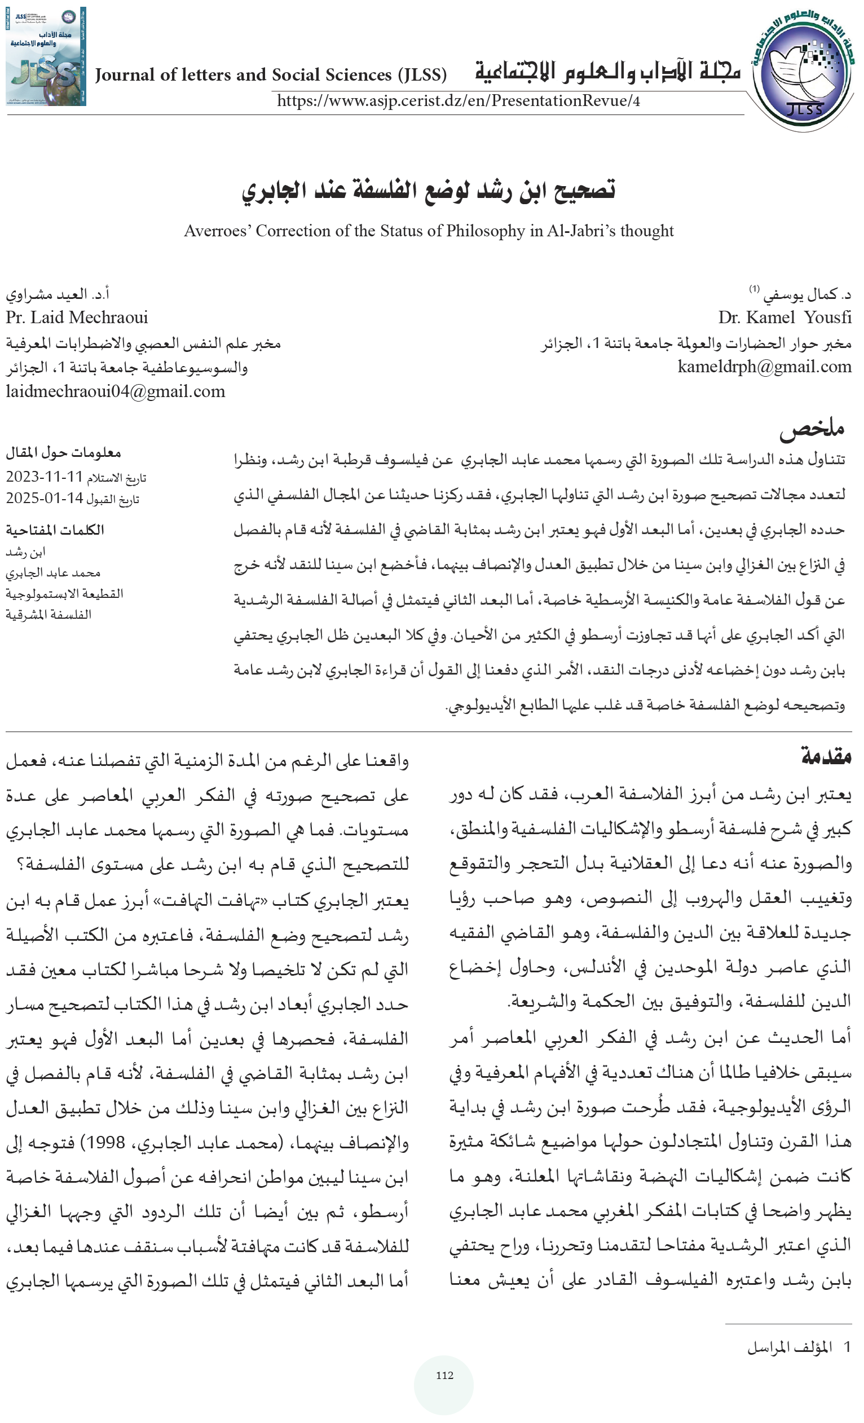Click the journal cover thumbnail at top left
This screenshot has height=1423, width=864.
coord(46,56)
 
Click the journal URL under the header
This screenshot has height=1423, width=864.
coord(458,101)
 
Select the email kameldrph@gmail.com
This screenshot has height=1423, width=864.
coord(764,367)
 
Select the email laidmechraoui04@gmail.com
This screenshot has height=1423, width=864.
coord(116,391)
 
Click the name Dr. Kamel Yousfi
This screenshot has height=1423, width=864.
coord(784,317)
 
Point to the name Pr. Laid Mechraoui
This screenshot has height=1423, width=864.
coord(77,317)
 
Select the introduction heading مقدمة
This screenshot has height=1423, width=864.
coord(826,756)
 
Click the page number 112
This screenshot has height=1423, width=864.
coord(444,1375)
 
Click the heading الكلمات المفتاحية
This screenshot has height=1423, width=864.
coord(55,530)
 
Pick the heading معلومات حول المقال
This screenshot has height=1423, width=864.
coord(63,453)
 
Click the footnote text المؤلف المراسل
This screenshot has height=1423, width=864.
coord(789,1347)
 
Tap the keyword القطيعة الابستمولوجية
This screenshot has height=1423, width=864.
coord(64,594)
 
